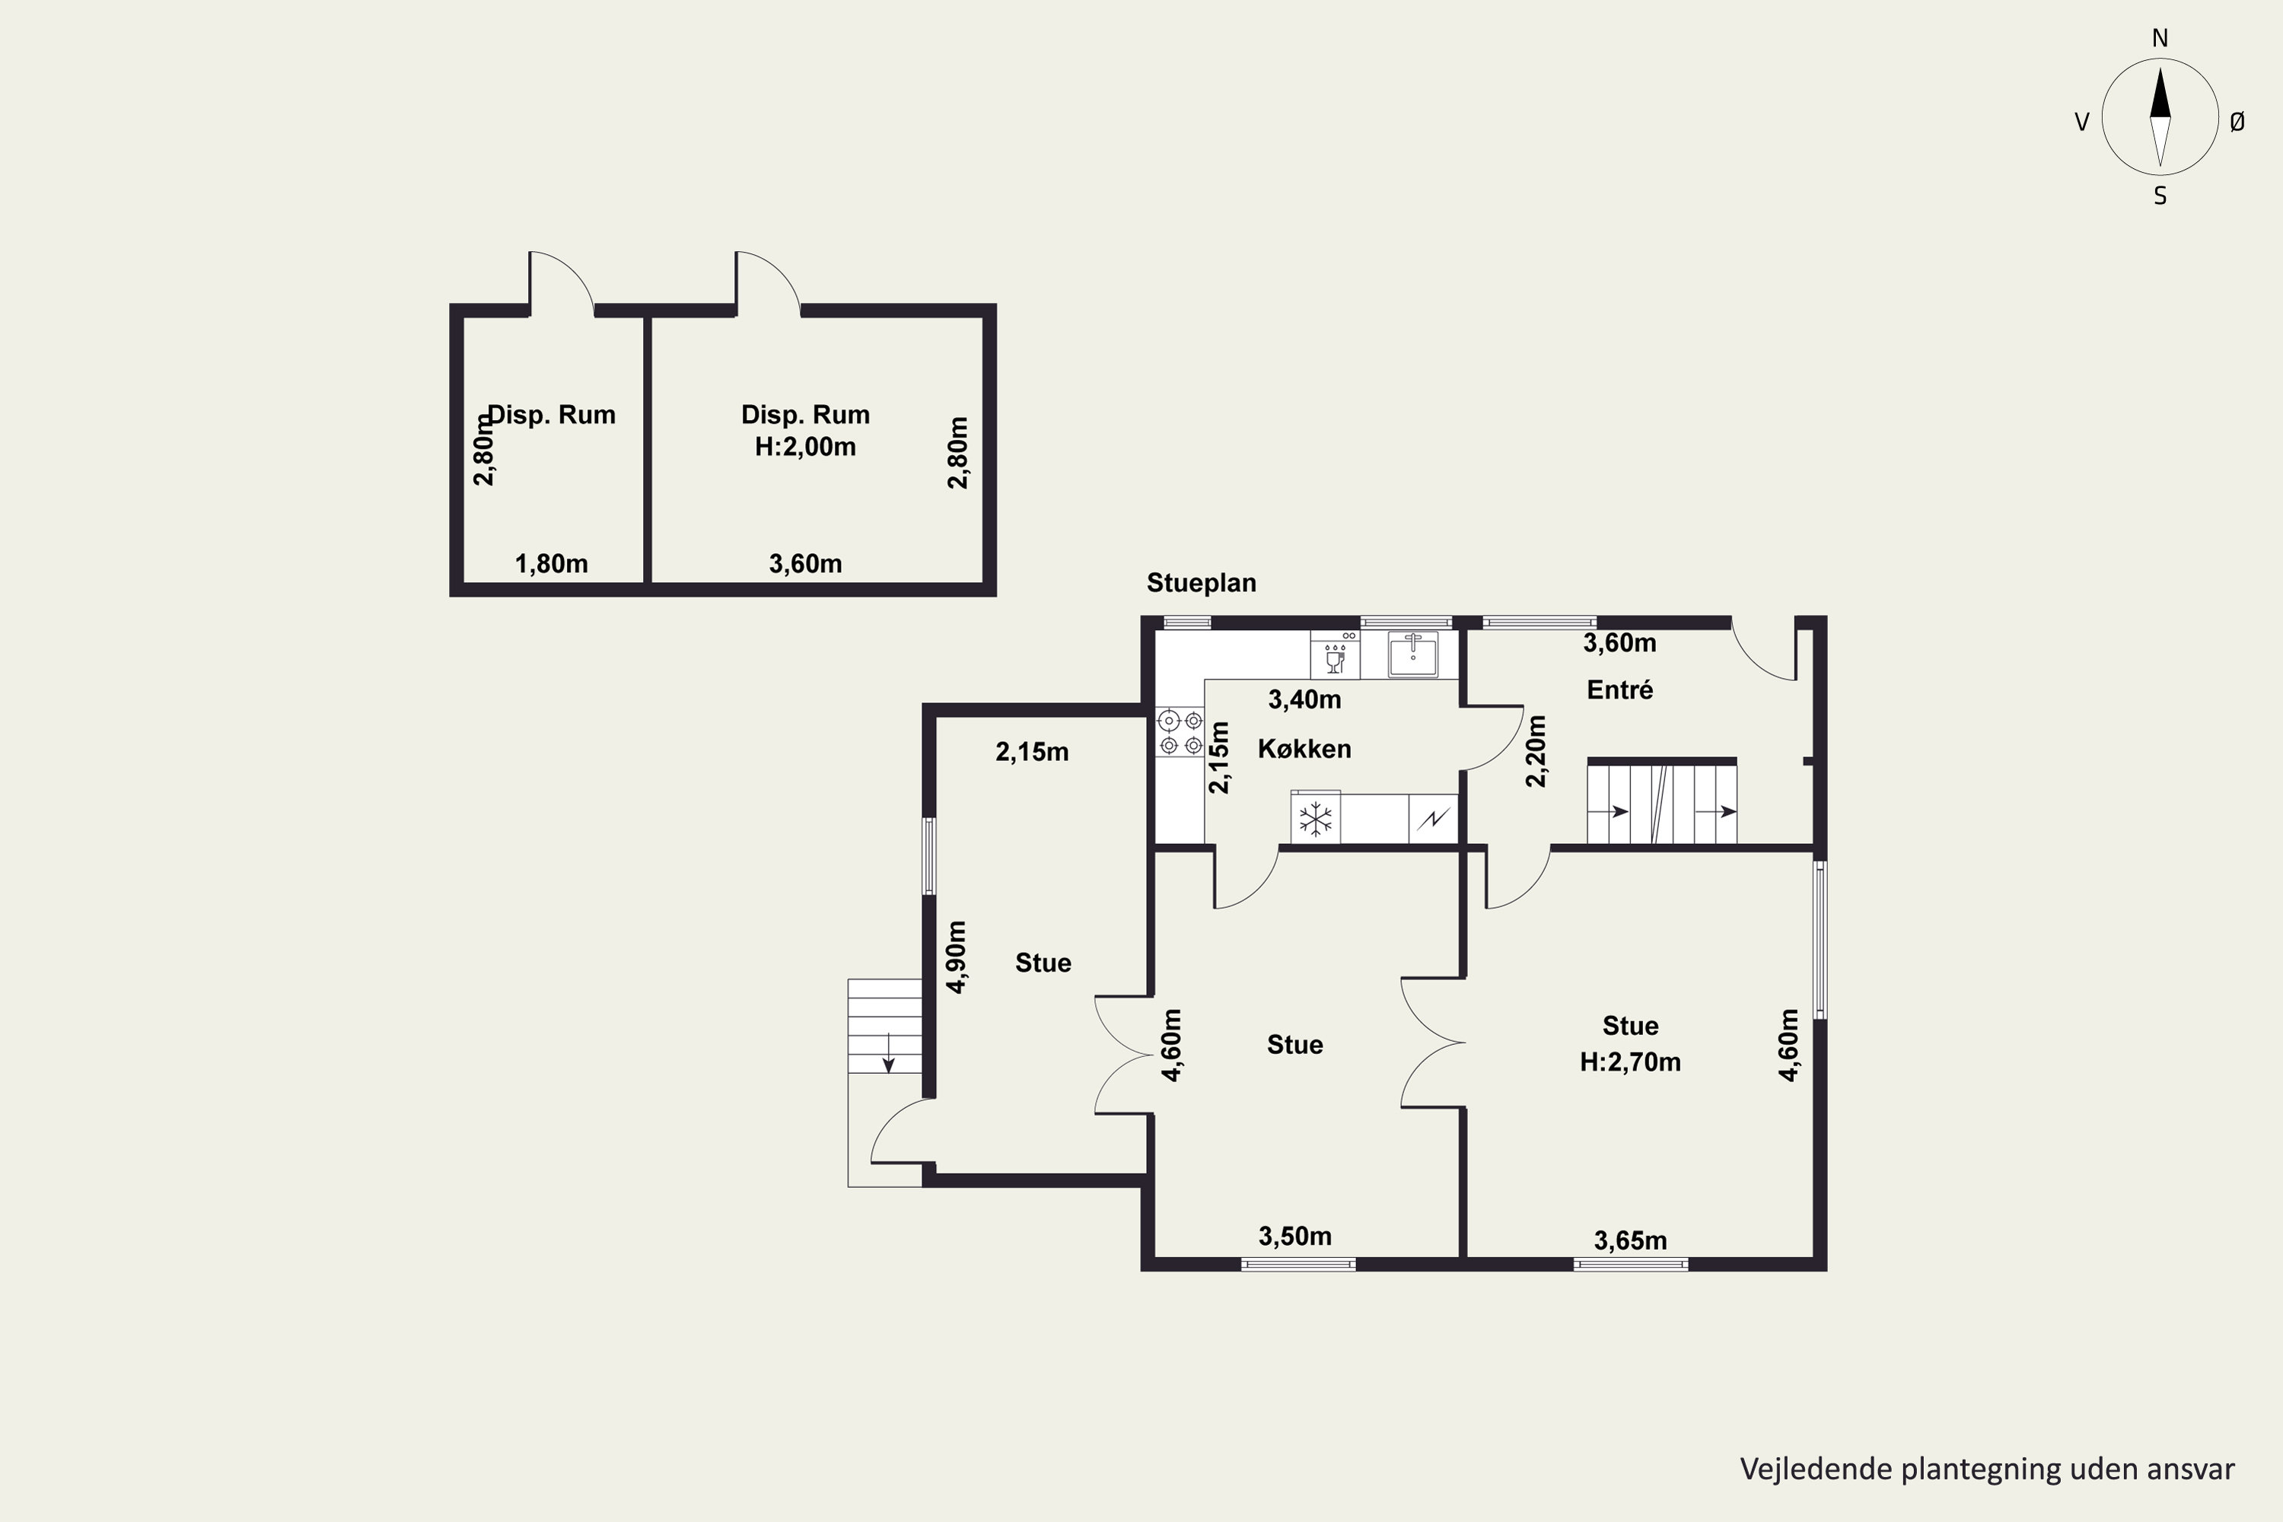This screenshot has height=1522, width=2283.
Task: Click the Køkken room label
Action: click(1304, 748)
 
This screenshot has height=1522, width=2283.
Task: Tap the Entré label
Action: click(1620, 689)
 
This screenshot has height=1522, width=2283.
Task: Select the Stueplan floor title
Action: click(1202, 582)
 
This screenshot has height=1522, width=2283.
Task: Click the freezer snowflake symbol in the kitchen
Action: click(1315, 818)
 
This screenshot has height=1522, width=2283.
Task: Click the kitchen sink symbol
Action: click(1413, 653)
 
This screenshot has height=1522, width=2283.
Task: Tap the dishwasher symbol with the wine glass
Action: click(1335, 655)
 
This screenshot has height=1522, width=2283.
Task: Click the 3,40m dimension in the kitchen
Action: click(1304, 699)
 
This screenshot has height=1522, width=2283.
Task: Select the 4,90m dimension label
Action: click(956, 957)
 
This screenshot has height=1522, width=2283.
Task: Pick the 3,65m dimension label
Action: click(1631, 1240)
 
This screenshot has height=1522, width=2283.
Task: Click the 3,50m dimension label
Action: click(1295, 1236)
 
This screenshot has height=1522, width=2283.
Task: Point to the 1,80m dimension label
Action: click(551, 563)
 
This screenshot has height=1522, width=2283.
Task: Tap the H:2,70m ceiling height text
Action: click(1631, 1061)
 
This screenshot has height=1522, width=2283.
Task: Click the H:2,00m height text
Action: click(806, 447)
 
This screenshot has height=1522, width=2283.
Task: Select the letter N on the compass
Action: click(2160, 38)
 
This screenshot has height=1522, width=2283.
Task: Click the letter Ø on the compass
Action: click(2237, 121)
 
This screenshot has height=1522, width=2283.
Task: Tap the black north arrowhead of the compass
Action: click(2160, 93)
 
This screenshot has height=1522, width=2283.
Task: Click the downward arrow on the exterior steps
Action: click(887, 1052)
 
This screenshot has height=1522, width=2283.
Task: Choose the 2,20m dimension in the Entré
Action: click(1536, 751)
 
